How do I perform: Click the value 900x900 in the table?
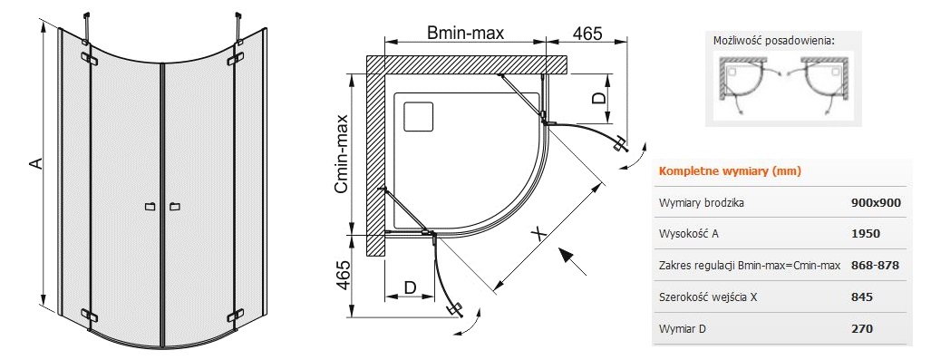point(876,202)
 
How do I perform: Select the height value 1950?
point(865,233)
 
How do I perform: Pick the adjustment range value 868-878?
point(875,265)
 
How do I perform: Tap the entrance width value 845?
point(861,297)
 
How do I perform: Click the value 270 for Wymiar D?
point(861,328)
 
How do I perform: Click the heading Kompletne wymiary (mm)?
point(730,171)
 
